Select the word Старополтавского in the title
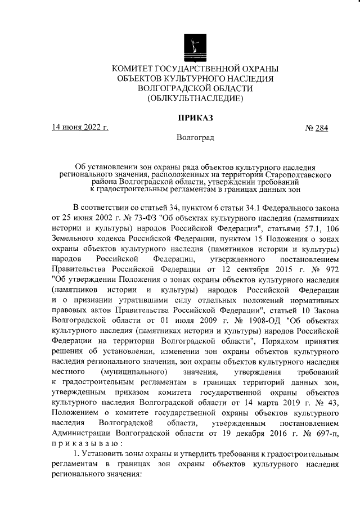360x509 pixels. coord(296,175)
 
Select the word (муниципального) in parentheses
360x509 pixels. coord(134,372)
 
